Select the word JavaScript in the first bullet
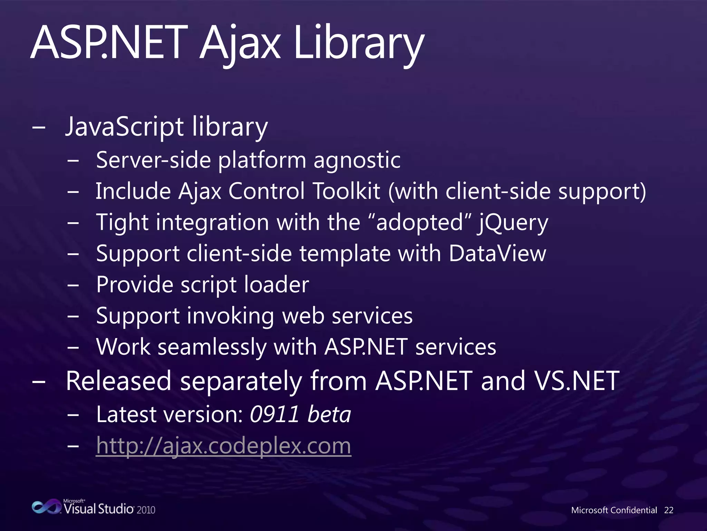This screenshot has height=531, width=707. [124, 127]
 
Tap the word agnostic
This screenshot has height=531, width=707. [357, 160]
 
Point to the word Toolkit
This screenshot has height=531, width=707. [346, 191]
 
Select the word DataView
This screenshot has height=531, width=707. [497, 253]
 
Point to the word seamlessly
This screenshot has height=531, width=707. [212, 347]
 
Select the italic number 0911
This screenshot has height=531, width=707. [274, 414]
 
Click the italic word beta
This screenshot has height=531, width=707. [329, 414]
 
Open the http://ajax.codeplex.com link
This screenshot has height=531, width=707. [223, 446]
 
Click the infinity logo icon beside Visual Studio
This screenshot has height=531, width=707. [46, 507]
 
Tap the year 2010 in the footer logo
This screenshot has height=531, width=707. [146, 510]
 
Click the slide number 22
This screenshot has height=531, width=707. [669, 510]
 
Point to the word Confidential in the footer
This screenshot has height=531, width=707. [633, 510]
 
